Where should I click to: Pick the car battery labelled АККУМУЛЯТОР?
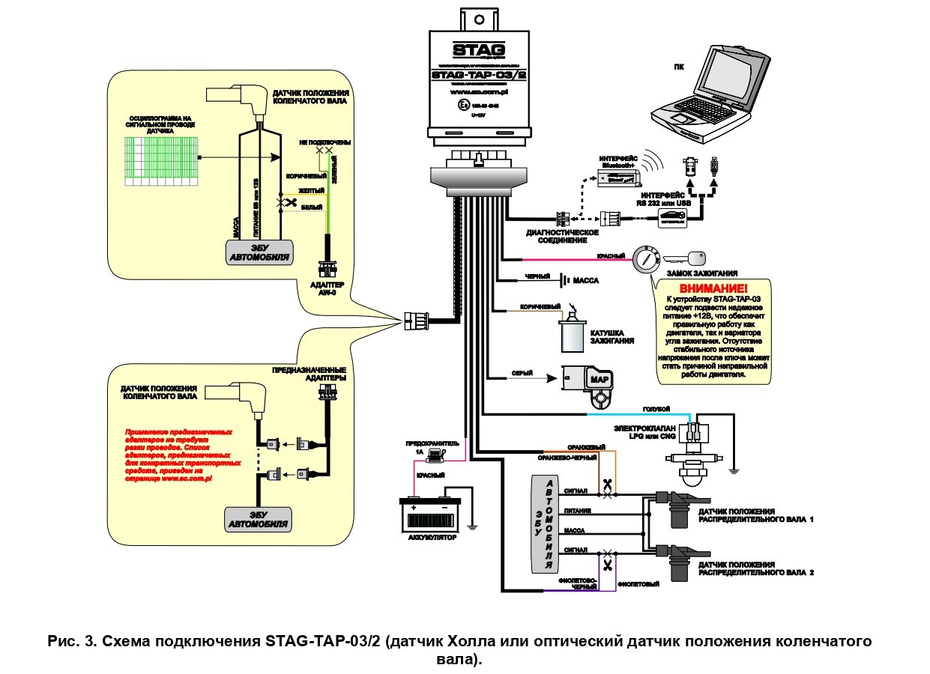tap(430, 514)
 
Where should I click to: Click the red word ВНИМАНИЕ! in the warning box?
tap(713, 289)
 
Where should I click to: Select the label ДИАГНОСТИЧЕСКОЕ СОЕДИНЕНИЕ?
tap(562, 237)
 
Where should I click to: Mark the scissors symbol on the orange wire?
tap(607, 485)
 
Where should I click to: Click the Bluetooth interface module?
tap(618, 178)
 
